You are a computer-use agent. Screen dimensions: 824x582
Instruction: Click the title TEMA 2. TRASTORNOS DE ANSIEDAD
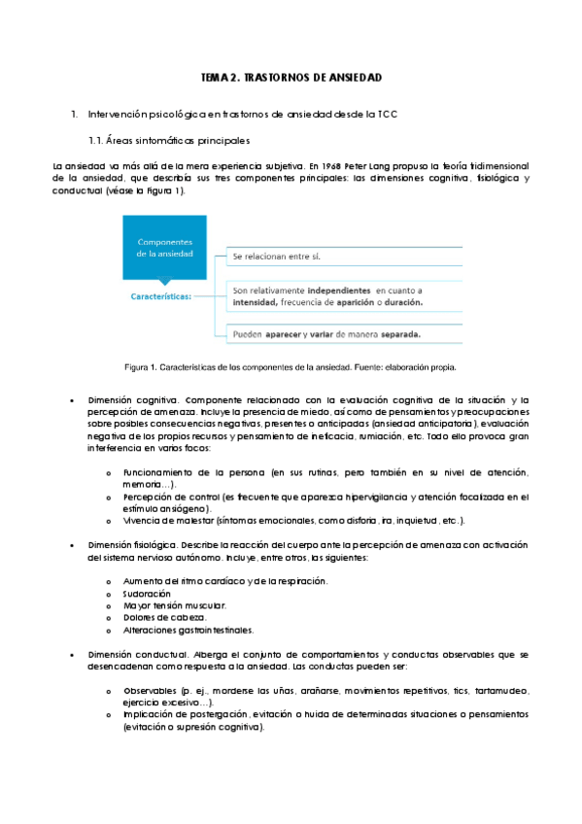291,76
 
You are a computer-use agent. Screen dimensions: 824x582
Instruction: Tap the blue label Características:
161,297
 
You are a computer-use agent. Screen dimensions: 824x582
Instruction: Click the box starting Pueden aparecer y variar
326,335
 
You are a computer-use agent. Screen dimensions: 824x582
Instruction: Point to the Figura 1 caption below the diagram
291,367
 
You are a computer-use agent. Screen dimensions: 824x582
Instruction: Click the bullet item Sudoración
147,593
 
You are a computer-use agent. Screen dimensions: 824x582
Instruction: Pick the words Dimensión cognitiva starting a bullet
132,400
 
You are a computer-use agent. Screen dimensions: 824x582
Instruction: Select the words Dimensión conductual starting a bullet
135,654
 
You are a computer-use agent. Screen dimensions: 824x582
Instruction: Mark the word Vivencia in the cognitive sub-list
143,521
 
